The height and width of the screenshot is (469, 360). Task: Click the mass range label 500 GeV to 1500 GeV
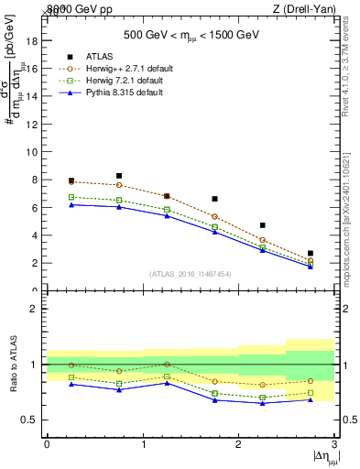coord(191,37)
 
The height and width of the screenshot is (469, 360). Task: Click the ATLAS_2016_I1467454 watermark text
coord(190,274)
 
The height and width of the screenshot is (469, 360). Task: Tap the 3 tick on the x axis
coord(335,444)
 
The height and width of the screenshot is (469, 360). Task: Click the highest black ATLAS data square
coord(119,176)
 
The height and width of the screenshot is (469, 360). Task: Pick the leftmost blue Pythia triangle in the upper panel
coord(71,204)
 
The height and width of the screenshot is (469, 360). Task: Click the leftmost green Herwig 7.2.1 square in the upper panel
coord(71,197)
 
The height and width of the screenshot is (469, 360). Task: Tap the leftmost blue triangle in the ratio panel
coord(71,384)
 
